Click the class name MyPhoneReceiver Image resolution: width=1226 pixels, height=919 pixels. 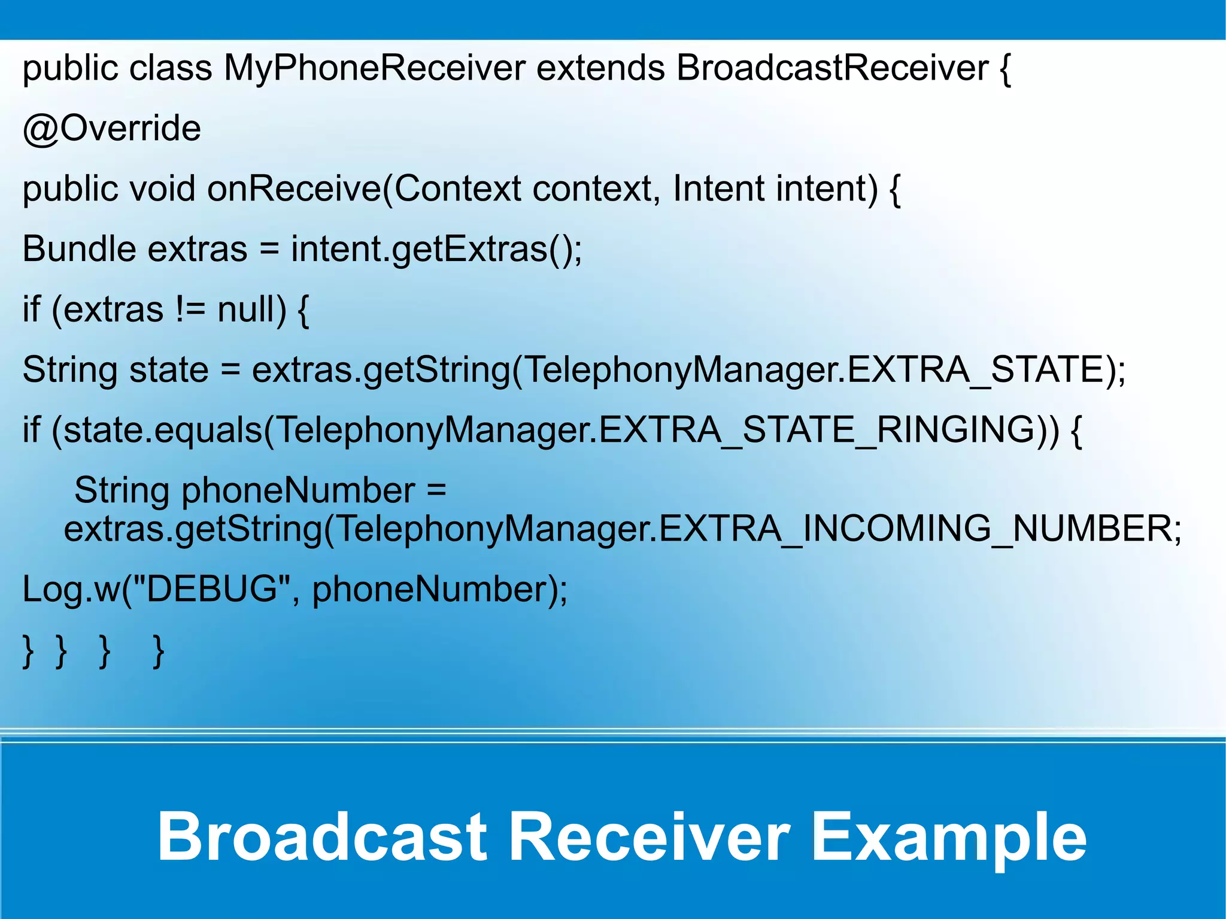[374, 68]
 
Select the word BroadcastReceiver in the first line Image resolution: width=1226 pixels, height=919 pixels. [832, 68]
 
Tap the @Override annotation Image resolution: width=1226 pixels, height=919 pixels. [112, 129]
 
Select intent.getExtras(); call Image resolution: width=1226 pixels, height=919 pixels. [436, 249]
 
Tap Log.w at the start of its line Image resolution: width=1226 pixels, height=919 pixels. [71, 589]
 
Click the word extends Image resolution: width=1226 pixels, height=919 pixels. [600, 68]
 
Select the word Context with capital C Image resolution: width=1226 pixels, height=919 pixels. [457, 189]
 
